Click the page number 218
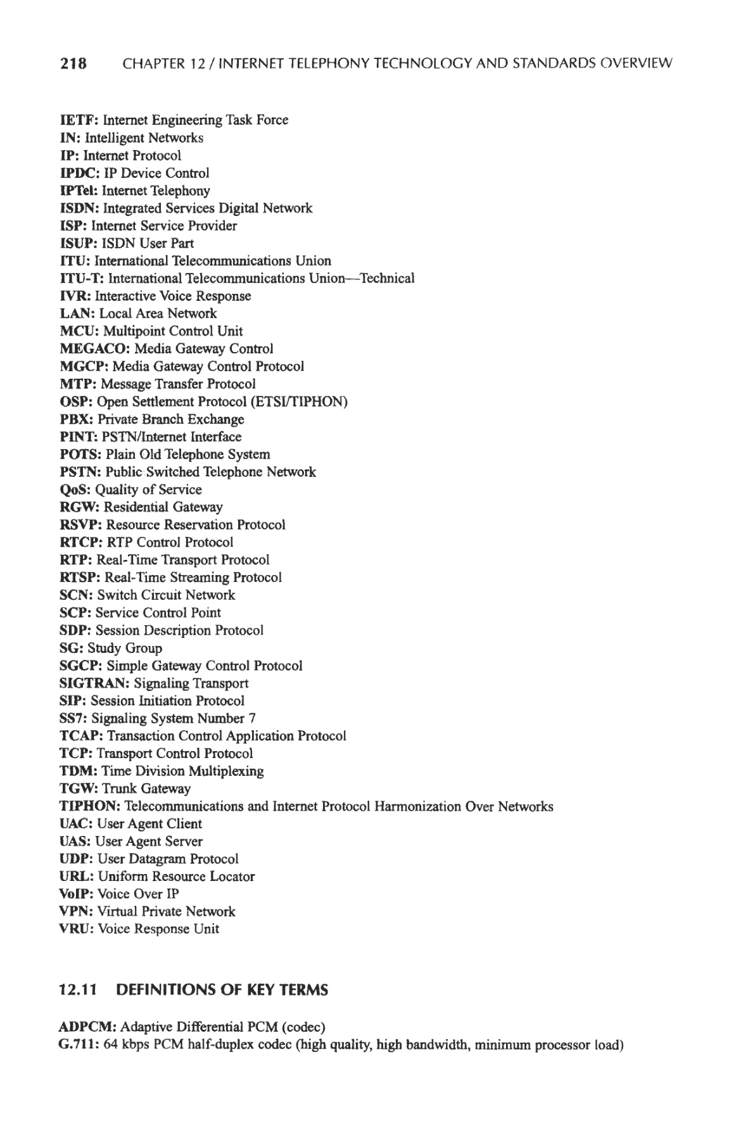72,63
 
